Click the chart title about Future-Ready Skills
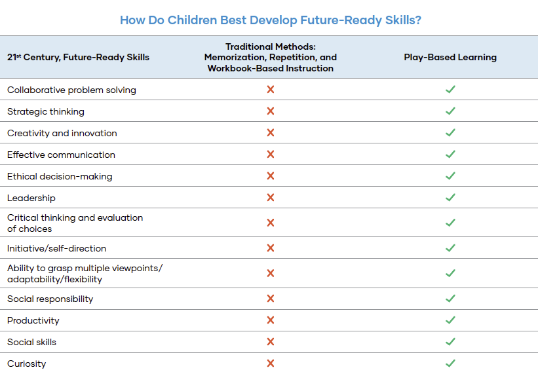[270, 20]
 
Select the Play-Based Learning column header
[450, 57]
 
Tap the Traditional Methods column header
[271, 57]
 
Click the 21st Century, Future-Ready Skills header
[78, 57]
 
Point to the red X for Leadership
[271, 198]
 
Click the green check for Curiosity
[450, 364]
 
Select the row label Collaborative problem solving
[71, 90]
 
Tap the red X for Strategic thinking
[271, 111]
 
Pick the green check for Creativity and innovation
[450, 133]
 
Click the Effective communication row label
[61, 155]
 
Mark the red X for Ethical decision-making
[271, 176]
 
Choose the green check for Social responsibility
[450, 299]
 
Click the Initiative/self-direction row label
[56, 248]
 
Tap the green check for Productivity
[450, 320]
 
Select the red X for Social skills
[271, 342]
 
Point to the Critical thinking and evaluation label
[75, 223]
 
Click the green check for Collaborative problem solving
[450, 90]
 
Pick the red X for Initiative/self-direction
[271, 248]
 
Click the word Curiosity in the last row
[26, 364]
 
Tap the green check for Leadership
[450, 198]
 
